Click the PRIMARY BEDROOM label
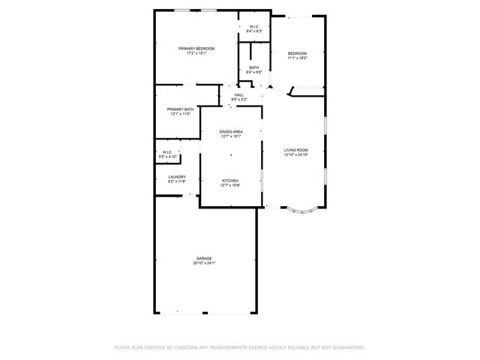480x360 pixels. click(196, 49)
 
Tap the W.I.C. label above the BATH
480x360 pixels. click(254, 27)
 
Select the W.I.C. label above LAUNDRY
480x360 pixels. click(166, 152)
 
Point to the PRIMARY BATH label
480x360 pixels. click(180, 109)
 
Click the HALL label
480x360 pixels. click(238, 94)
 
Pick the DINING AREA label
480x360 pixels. click(231, 132)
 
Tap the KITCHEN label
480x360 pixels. click(230, 180)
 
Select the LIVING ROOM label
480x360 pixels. click(296, 150)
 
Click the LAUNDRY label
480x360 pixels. click(177, 177)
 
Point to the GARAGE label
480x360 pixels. click(204, 259)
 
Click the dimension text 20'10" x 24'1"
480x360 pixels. click(204, 263)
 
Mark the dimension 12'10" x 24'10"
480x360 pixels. click(296, 155)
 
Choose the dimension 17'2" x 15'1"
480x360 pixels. click(196, 53)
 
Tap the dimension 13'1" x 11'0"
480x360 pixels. click(180, 114)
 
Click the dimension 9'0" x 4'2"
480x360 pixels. click(238, 99)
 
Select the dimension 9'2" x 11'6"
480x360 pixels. click(177, 181)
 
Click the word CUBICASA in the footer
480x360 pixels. click(190, 347)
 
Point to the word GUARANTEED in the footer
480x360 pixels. click(349, 347)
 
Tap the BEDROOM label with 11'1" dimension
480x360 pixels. click(298, 53)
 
